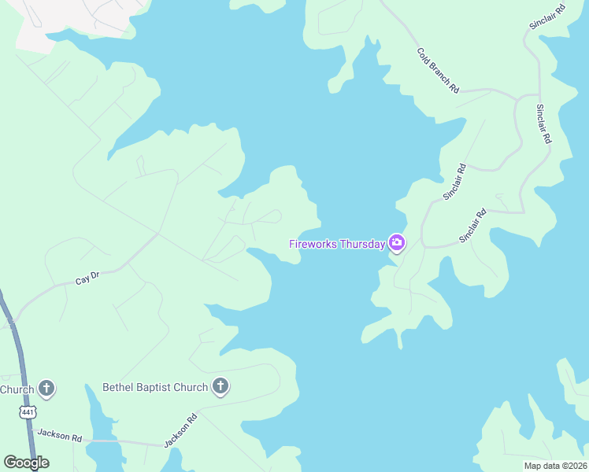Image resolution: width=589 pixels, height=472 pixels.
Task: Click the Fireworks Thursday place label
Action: point(336,243)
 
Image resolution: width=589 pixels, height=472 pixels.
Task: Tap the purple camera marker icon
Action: point(397,243)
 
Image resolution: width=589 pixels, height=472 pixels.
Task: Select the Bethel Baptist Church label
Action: point(155,387)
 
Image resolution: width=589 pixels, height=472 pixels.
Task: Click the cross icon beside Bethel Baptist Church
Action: point(221,387)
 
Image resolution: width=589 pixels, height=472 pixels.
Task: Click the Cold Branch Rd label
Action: point(437,71)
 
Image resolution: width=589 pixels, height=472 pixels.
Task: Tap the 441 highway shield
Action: point(28,412)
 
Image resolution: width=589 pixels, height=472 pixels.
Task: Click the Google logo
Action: point(27,462)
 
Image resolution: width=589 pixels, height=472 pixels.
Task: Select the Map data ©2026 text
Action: point(555,466)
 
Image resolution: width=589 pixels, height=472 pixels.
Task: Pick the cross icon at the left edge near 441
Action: point(47,388)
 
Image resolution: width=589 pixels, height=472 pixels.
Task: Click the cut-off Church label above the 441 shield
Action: point(17,389)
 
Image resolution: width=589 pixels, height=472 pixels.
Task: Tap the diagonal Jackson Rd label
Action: point(180,430)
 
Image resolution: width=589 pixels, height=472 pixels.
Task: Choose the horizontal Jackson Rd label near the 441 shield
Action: point(59,437)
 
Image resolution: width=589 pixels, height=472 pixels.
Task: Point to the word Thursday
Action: point(361,243)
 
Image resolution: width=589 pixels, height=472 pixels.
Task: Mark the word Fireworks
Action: point(312,243)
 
